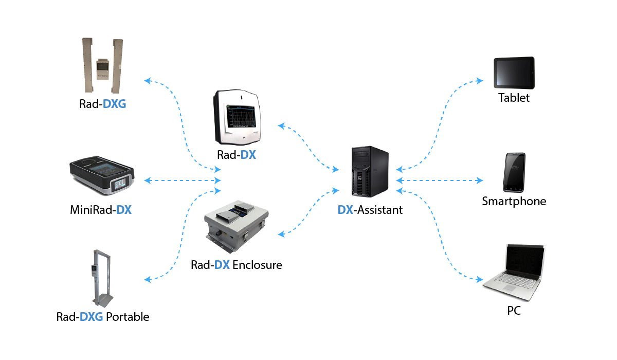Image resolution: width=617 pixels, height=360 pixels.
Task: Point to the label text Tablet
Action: [514, 98]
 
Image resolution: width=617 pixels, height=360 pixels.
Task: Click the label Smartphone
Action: [514, 201]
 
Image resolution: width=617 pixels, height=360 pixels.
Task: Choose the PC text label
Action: [514, 311]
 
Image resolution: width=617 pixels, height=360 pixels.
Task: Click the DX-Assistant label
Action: [370, 209]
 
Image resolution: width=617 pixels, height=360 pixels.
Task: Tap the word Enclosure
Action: [257, 265]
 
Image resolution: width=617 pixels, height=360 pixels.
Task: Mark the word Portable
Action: [128, 317]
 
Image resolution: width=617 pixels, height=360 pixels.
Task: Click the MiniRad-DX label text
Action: [101, 210]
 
